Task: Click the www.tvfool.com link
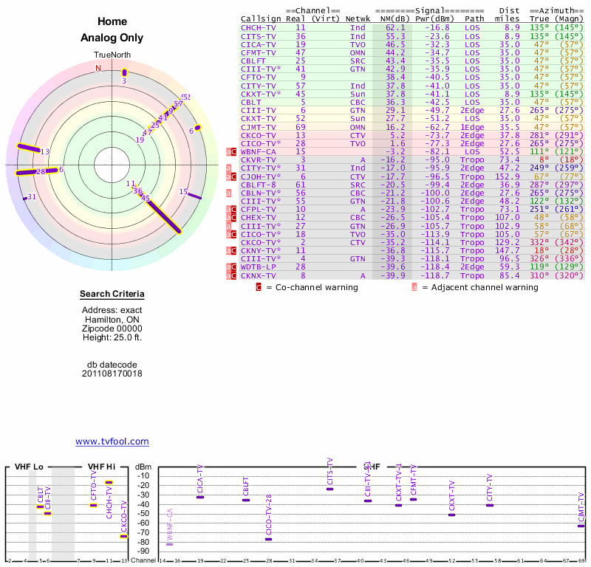click(112, 441)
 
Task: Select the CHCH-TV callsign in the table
click(259, 27)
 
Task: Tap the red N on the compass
click(98, 69)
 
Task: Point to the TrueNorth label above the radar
click(112, 55)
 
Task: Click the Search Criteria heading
click(112, 295)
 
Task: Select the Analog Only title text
click(112, 38)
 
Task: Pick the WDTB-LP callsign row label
click(259, 267)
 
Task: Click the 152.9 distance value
click(508, 176)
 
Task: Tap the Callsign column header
click(262, 18)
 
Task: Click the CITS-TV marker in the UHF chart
click(329, 489)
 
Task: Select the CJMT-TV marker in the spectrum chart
click(581, 526)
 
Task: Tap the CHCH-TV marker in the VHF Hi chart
click(109, 482)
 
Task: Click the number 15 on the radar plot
click(183, 191)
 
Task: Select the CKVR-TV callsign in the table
click(259, 159)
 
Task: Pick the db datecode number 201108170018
click(112, 374)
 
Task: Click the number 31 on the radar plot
click(32, 196)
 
